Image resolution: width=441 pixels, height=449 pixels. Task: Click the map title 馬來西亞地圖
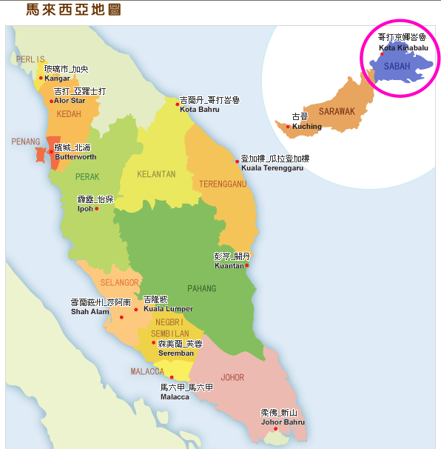[73, 10]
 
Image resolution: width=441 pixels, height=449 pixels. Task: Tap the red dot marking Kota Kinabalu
[382, 54]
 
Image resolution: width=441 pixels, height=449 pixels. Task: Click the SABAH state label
[396, 67]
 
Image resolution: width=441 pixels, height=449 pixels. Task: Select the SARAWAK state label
[337, 112]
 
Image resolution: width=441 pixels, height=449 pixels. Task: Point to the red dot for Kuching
[289, 126]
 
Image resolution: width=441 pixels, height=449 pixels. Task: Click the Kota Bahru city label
[199, 110]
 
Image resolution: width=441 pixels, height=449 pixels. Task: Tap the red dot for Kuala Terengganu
[238, 160]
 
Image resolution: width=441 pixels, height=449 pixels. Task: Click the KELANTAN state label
[156, 175]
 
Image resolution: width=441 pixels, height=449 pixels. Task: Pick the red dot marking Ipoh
[97, 208]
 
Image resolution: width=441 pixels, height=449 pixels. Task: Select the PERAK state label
[87, 177]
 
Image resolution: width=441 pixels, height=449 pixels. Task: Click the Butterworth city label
[75, 157]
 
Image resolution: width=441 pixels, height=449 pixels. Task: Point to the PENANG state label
[26, 142]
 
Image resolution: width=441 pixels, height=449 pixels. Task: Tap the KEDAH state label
[69, 114]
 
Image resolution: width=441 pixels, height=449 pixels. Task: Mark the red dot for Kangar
[41, 78]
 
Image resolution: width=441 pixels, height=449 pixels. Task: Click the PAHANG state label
[181, 288]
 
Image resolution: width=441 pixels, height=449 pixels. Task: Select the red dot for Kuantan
[247, 265]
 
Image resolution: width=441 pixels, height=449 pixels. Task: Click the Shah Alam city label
[90, 312]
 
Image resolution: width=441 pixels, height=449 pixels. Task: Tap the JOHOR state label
[232, 378]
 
